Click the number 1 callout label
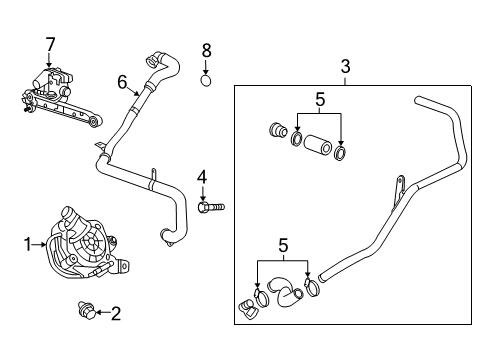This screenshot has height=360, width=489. point(29,243)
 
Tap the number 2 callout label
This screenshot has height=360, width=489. point(115,314)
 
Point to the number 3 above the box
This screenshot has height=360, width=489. point(345,66)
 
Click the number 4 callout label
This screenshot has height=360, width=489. point(201,177)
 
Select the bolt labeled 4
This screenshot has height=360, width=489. point(213,206)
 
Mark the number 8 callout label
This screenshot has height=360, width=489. point(206,49)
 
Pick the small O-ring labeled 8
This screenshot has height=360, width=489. point(206,77)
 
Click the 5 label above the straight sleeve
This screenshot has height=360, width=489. point(320,100)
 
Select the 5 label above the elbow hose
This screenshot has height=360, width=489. point(283,245)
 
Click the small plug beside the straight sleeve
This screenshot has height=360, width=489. point(280,130)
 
